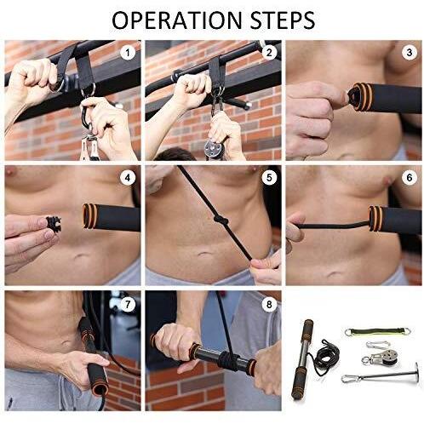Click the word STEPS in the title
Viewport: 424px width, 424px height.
tap(283, 20)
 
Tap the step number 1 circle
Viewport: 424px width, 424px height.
tap(128, 53)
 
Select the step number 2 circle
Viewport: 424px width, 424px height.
tap(269, 53)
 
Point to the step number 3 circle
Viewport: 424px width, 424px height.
tap(410, 53)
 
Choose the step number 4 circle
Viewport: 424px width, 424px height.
tap(128, 178)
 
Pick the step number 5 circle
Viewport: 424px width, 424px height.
tap(269, 178)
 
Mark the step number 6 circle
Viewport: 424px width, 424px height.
tap(410, 178)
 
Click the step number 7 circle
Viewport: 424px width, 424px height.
tap(128, 305)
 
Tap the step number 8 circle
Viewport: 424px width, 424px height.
tap(269, 305)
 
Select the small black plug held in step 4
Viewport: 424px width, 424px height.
tap(53, 225)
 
